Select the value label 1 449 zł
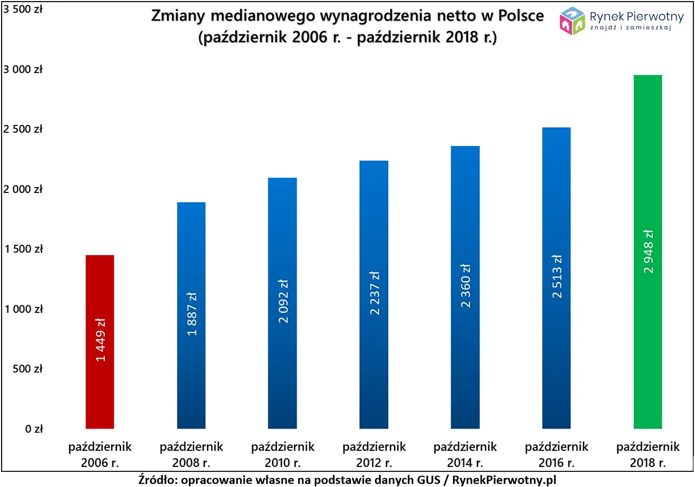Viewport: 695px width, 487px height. click(100, 339)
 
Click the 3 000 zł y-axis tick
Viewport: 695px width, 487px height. click(23, 70)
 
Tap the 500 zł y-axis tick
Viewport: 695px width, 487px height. click(28, 369)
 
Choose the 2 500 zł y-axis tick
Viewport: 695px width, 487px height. click(23, 130)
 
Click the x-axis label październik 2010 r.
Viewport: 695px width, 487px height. click(282, 455)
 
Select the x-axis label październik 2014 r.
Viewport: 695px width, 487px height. click(465, 455)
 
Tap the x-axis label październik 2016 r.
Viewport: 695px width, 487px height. click(556, 455)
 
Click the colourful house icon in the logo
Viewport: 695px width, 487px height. click(573, 20)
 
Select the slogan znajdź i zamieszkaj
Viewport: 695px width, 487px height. click(631, 28)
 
